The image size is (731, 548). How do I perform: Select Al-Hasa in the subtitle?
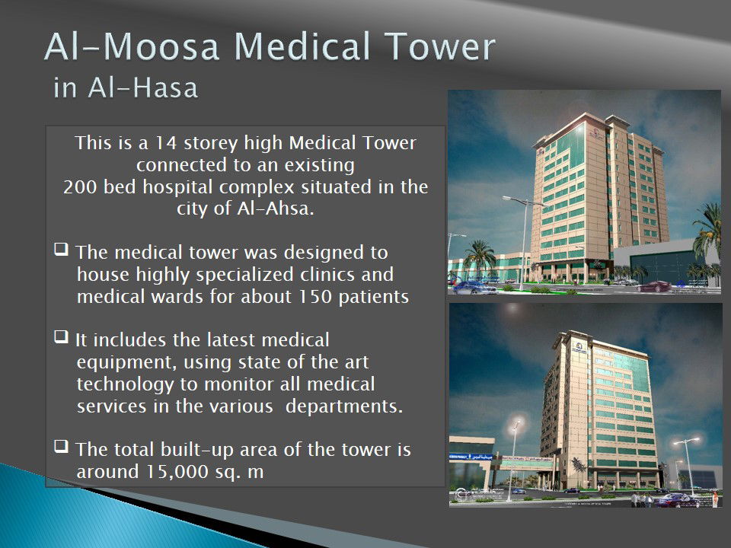pyautogui.click(x=142, y=88)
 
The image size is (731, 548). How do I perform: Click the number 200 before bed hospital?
pyautogui.click(x=80, y=187)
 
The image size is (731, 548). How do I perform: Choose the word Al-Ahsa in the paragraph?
pyautogui.click(x=275, y=209)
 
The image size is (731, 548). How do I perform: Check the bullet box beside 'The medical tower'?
pyautogui.click(x=61, y=250)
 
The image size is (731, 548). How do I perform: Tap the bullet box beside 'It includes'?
pyautogui.click(x=61, y=336)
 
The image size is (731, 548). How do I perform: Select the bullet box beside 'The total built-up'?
pyautogui.click(x=61, y=446)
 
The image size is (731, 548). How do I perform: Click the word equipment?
pyautogui.click(x=126, y=362)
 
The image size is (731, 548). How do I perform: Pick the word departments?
pyautogui.click(x=344, y=406)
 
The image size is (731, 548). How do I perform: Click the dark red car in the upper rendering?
pyautogui.click(x=654, y=287)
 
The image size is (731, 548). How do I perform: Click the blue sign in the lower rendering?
pyautogui.click(x=471, y=457)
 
